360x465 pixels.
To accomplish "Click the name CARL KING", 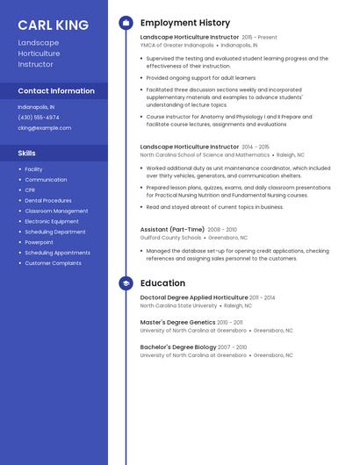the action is pyautogui.click(x=53, y=25).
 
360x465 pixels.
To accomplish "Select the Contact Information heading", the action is pyautogui.click(x=56, y=90).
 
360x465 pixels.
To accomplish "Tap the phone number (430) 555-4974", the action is pyautogui.click(x=39, y=117).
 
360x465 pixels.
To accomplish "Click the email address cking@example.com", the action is pyautogui.click(x=44, y=127).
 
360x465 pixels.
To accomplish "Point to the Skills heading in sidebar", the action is pyautogui.click(x=27, y=153).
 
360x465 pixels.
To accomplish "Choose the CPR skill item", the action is pyautogui.click(x=30, y=190).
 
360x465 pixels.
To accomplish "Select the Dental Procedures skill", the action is pyautogui.click(x=48, y=200).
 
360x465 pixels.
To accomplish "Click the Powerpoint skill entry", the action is pyautogui.click(x=39, y=242).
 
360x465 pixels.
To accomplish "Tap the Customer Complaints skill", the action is pyautogui.click(x=53, y=263).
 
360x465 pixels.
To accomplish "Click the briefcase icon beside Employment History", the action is pyautogui.click(x=126, y=22).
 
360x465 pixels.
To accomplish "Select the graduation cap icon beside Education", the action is pyautogui.click(x=126, y=283).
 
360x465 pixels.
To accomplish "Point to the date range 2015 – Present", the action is pyautogui.click(x=259, y=38).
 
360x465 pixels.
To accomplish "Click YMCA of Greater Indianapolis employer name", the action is pyautogui.click(x=176, y=45).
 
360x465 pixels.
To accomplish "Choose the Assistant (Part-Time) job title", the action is pyautogui.click(x=172, y=229).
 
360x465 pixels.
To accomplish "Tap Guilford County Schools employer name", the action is pyautogui.click(x=170, y=237).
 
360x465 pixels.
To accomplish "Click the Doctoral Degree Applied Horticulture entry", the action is pyautogui.click(x=194, y=298).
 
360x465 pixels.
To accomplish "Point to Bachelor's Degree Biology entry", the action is pyautogui.click(x=178, y=347).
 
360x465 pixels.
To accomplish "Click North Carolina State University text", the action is pyautogui.click(x=178, y=306).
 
